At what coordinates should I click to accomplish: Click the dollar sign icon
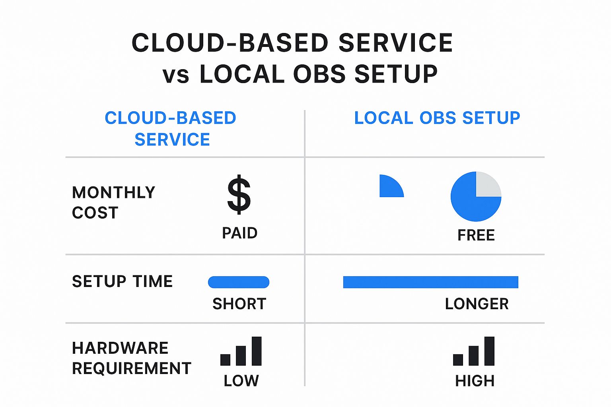[x=239, y=195]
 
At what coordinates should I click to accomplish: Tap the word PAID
[x=239, y=233]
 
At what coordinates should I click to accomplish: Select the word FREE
[x=476, y=235]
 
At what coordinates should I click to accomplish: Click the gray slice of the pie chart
[x=487, y=185]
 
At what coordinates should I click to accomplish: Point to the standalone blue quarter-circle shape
[x=390, y=188]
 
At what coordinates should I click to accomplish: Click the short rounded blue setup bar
[x=239, y=282]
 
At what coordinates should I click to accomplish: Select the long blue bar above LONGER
[x=430, y=282]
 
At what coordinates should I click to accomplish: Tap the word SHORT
[x=239, y=304]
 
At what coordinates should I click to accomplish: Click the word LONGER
[x=477, y=304]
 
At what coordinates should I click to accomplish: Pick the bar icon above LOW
[x=241, y=351]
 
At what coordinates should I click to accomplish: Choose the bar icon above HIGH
[x=474, y=351]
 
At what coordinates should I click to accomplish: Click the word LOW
[x=241, y=381]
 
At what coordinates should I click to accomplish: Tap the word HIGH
[x=475, y=381]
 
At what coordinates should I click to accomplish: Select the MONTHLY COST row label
[x=113, y=202]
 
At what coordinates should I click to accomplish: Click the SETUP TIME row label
[x=122, y=281]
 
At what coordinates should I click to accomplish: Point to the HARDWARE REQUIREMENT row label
[x=131, y=358]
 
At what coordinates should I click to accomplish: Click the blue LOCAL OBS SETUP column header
[x=437, y=118]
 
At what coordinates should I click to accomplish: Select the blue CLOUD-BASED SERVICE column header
[x=171, y=128]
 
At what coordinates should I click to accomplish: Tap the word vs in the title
[x=175, y=76]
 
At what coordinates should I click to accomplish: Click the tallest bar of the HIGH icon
[x=489, y=351]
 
